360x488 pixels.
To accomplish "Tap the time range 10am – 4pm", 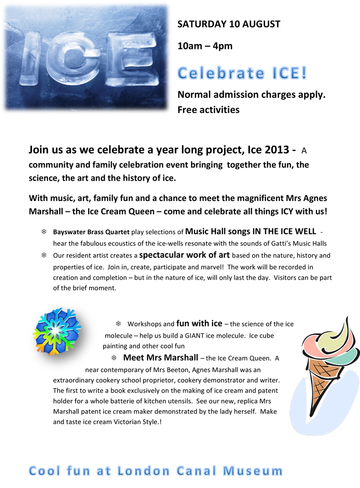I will (x=205, y=45).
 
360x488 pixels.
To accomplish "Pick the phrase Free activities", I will (x=208, y=109).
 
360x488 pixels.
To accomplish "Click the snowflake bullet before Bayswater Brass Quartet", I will (x=44, y=232).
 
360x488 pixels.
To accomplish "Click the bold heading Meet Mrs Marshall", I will (x=160, y=358).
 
